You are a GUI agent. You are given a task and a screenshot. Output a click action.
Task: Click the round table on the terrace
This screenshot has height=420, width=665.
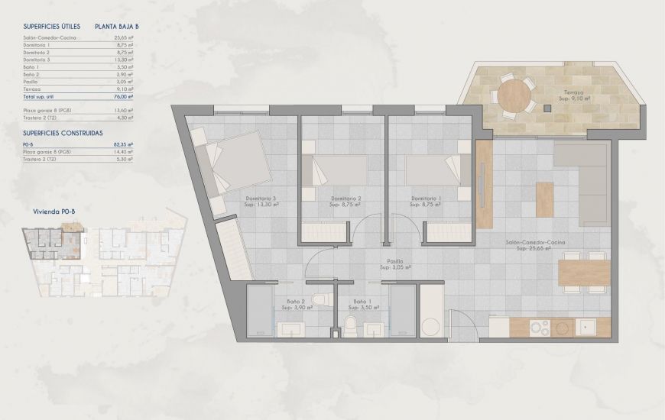tap(515, 95)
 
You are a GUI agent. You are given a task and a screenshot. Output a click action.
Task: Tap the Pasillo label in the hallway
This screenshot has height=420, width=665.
tap(396, 264)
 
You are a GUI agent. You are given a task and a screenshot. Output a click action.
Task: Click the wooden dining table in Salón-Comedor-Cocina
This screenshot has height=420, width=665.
tap(585, 271)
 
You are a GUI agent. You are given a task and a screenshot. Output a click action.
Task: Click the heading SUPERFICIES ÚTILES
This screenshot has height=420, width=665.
tap(50, 26)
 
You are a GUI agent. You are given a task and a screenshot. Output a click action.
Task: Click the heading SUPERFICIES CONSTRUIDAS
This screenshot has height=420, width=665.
tap(63, 133)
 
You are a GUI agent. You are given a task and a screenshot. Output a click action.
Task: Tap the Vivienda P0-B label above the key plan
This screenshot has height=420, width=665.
tap(53, 212)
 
